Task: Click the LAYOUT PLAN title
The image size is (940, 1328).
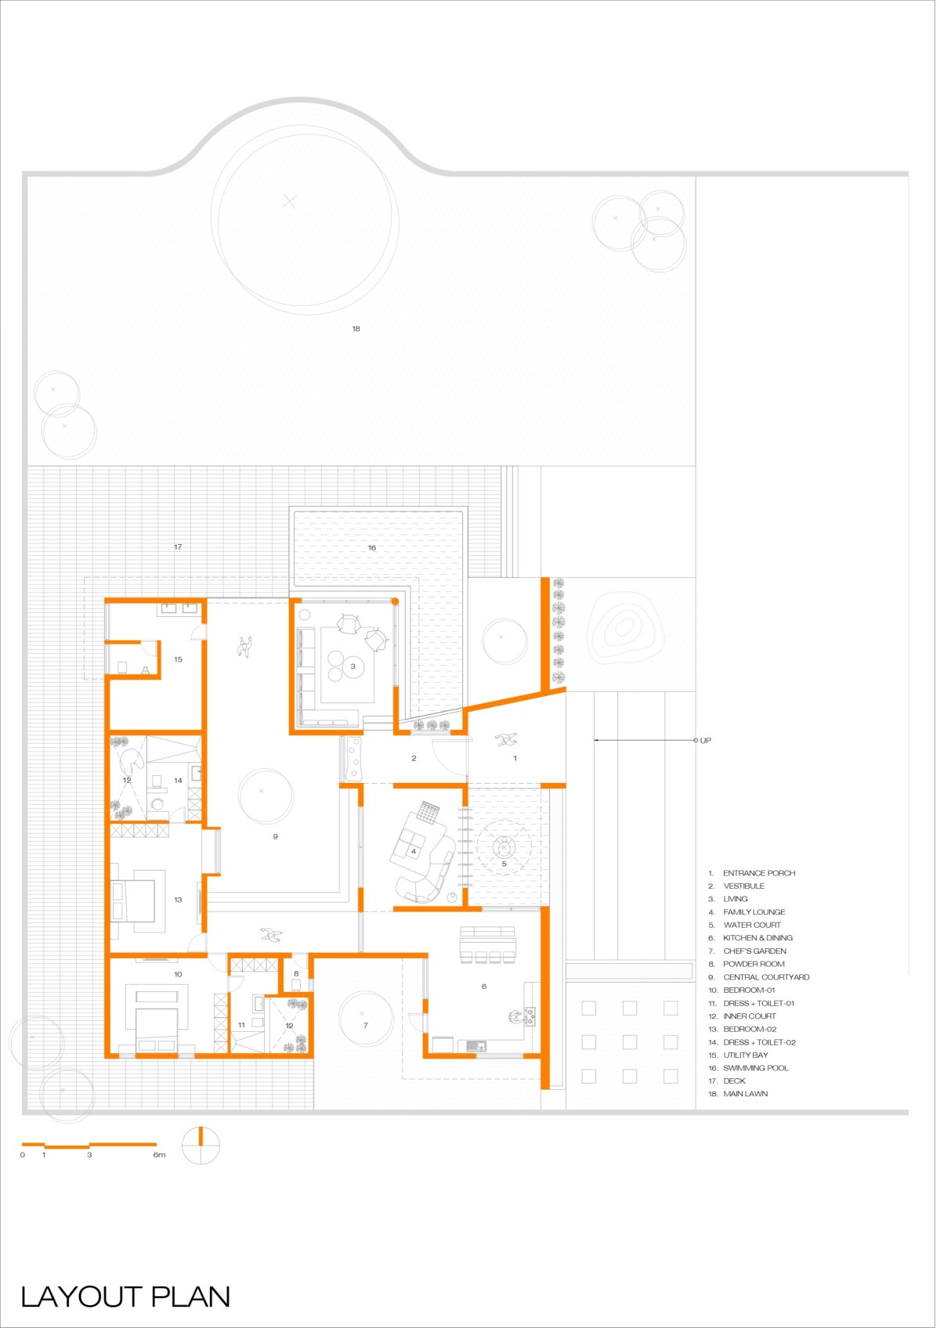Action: [x=125, y=1297]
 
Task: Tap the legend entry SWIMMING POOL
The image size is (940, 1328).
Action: [x=756, y=1068]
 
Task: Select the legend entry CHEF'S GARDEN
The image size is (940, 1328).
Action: [x=754, y=951]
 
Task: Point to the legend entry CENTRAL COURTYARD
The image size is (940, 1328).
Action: [x=766, y=977]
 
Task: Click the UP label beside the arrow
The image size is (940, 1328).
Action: [x=705, y=741]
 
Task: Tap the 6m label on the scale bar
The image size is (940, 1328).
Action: [x=159, y=1155]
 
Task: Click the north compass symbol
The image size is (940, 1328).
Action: [x=201, y=1146]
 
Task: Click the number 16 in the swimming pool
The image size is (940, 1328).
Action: [x=372, y=548]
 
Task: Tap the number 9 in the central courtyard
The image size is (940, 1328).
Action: [x=275, y=836]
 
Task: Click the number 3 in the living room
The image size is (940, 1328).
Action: [x=352, y=666]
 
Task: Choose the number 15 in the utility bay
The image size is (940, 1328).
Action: [x=178, y=659]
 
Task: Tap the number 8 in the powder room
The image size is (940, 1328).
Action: [x=296, y=973]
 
